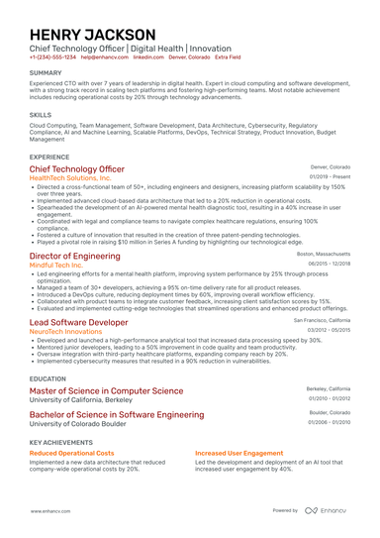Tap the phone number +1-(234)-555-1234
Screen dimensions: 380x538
(52, 57)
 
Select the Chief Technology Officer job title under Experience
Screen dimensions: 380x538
(83, 169)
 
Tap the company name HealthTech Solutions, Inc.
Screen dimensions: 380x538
(77, 178)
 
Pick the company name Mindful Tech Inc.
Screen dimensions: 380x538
(62, 265)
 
